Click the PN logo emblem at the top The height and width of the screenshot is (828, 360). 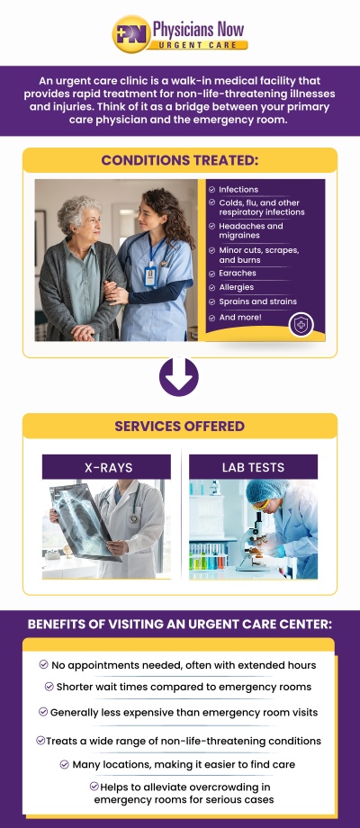131,33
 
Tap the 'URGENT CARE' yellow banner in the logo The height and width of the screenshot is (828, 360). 197,44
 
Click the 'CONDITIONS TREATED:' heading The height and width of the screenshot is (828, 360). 179,160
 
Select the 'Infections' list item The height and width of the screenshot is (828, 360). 238,190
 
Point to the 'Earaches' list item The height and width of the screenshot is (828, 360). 238,273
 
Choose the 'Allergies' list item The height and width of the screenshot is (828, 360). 238,287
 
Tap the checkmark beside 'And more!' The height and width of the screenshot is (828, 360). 212,318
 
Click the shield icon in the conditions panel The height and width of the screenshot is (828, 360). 300,325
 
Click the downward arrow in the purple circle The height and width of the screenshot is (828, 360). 178,376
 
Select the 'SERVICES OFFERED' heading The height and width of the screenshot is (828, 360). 179,426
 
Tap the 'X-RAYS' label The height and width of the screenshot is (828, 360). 106,467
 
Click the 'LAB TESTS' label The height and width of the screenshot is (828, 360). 253,467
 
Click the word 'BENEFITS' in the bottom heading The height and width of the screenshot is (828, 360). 67,624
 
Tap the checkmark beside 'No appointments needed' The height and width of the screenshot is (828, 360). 43,664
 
